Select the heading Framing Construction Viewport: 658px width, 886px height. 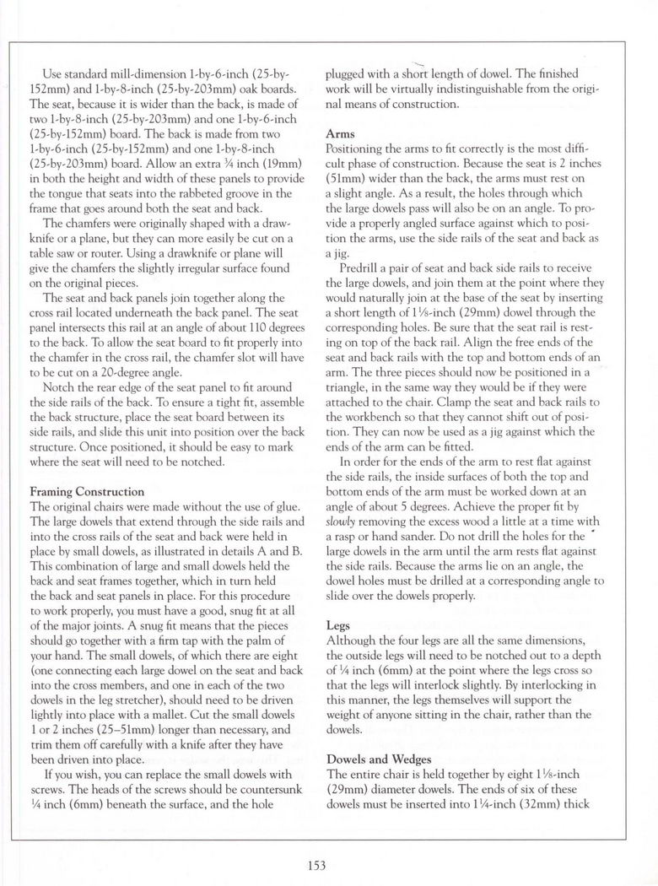(x=87, y=492)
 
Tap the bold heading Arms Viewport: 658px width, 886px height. (x=341, y=133)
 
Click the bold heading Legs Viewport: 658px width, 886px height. (x=339, y=627)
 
